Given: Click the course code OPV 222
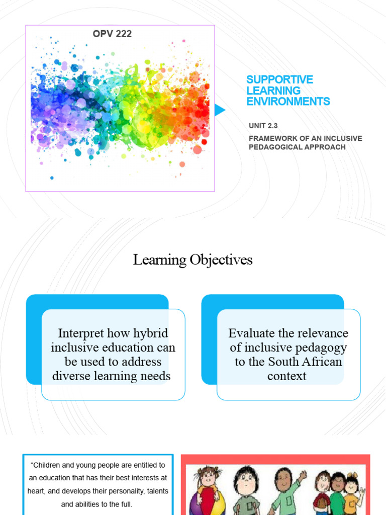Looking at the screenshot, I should click(112, 34).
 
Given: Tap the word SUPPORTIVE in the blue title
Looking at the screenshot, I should click(279, 80).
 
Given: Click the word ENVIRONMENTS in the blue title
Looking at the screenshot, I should click(288, 102).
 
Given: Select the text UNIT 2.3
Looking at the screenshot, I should click(263, 126).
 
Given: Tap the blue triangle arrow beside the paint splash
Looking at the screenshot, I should click(220, 110).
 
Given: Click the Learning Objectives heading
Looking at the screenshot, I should click(192, 260).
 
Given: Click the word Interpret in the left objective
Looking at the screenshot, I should click(81, 333).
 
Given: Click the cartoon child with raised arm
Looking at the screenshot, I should click(285, 490).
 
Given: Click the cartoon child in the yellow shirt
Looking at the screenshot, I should click(351, 495).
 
